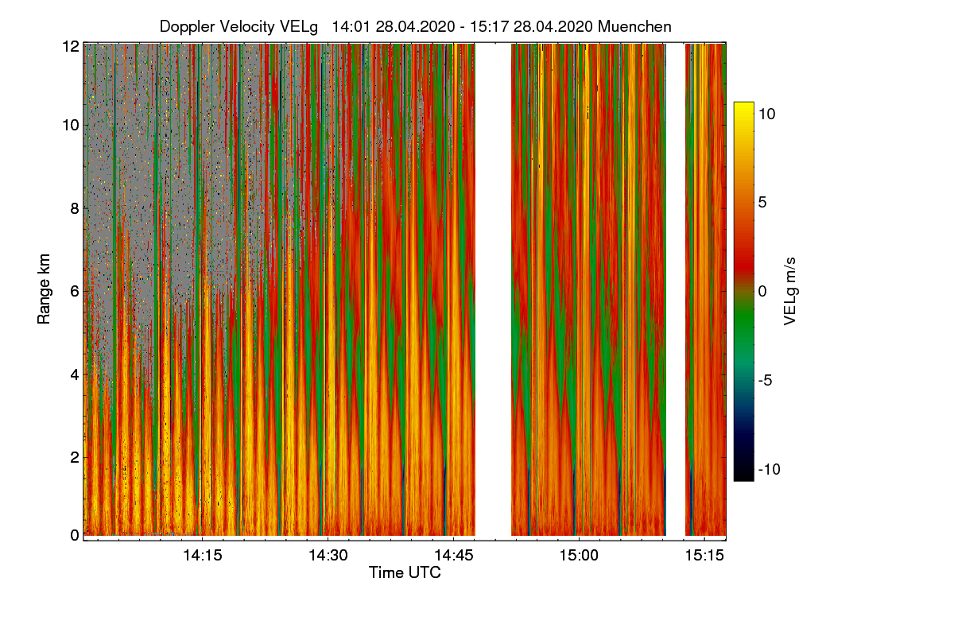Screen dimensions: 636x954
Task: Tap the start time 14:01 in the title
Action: click(347, 26)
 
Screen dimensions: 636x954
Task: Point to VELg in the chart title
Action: click(298, 26)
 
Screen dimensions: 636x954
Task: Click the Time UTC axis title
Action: click(405, 572)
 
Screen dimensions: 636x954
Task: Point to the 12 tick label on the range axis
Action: click(71, 46)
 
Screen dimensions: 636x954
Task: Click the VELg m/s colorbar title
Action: click(790, 290)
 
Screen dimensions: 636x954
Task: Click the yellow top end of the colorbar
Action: click(743, 107)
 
